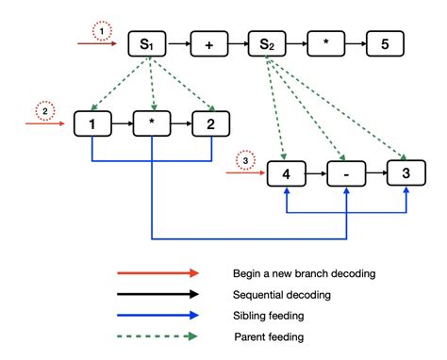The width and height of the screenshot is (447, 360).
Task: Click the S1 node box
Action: tap(149, 43)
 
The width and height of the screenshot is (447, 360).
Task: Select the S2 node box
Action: tap(267, 43)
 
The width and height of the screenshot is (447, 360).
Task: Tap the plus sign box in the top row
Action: tap(208, 43)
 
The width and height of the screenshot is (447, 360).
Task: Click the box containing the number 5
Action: tap(385, 43)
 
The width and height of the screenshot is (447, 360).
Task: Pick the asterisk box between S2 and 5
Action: tap(326, 43)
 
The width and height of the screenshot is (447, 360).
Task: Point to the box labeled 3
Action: tap(406, 173)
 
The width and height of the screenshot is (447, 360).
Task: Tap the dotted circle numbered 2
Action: tap(44, 112)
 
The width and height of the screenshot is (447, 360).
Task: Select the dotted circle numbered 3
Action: tap(244, 159)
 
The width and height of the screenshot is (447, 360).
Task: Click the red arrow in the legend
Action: tap(158, 272)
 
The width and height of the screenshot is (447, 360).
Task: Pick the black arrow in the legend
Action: tap(158, 294)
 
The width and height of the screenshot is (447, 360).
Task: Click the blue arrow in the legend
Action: tap(158, 316)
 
